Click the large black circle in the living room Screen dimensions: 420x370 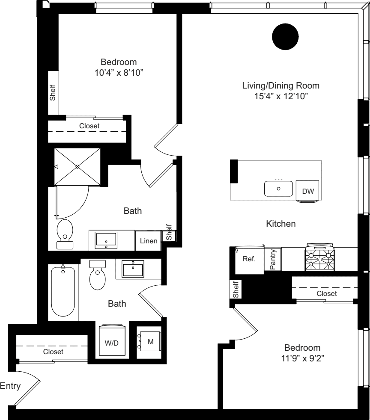(x=285, y=37)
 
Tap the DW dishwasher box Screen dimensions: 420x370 (x=307, y=191)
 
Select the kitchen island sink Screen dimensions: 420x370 (x=278, y=188)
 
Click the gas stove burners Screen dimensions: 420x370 (x=319, y=259)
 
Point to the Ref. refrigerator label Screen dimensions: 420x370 (x=249, y=259)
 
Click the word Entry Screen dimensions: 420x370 (x=9, y=386)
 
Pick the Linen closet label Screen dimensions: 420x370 (x=148, y=242)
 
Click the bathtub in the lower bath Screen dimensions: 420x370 (x=63, y=292)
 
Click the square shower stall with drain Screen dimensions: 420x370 (x=78, y=167)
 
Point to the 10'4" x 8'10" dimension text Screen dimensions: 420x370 (x=119, y=73)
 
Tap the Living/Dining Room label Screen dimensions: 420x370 (x=281, y=86)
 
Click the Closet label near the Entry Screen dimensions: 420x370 (x=53, y=352)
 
